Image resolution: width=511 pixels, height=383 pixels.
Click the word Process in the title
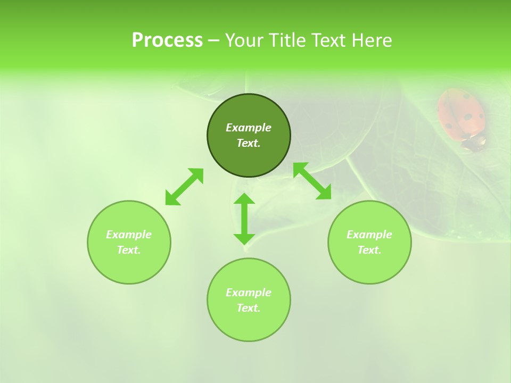[x=167, y=40]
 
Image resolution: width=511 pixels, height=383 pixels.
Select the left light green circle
[x=129, y=266]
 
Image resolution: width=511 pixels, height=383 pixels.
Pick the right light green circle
[x=369, y=266]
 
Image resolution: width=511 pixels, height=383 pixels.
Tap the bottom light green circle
[x=249, y=324]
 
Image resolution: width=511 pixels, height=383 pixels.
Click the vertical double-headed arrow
[x=244, y=219]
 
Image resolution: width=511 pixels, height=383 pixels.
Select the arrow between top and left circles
[x=184, y=187]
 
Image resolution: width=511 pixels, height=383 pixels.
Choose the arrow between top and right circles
[x=312, y=181]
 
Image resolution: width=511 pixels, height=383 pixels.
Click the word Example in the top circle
[x=249, y=128]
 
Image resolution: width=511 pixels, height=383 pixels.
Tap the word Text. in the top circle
[x=249, y=143]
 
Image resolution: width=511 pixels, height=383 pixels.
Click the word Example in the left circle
[x=129, y=235]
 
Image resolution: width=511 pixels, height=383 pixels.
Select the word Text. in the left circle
[x=129, y=250]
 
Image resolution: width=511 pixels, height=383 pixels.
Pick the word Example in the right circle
[x=369, y=235]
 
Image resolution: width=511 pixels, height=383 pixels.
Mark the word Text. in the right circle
[x=369, y=250]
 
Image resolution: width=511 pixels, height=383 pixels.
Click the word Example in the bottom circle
[x=249, y=293]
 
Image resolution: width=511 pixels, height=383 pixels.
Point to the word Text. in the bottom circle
[x=249, y=308]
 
